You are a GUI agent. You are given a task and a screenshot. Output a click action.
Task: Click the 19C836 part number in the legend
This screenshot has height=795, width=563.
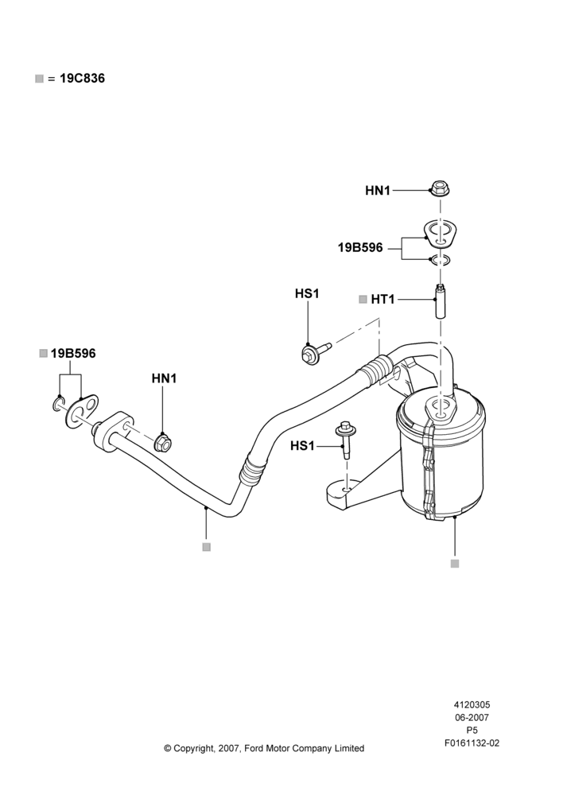(x=82, y=79)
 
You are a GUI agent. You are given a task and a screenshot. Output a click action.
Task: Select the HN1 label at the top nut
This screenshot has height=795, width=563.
(x=378, y=191)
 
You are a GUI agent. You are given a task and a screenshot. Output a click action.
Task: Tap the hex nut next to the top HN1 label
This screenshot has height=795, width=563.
(x=440, y=188)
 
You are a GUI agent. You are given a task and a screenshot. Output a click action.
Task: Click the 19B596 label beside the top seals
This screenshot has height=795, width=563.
(x=361, y=248)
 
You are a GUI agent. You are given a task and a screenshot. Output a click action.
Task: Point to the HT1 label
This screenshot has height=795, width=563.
(x=382, y=300)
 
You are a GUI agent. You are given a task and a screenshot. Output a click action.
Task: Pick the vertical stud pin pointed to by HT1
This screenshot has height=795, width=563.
(x=441, y=301)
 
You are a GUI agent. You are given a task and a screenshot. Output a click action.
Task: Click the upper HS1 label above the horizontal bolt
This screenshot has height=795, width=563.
(x=308, y=293)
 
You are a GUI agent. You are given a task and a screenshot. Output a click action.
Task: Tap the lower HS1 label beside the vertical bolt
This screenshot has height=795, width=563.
(x=302, y=446)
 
